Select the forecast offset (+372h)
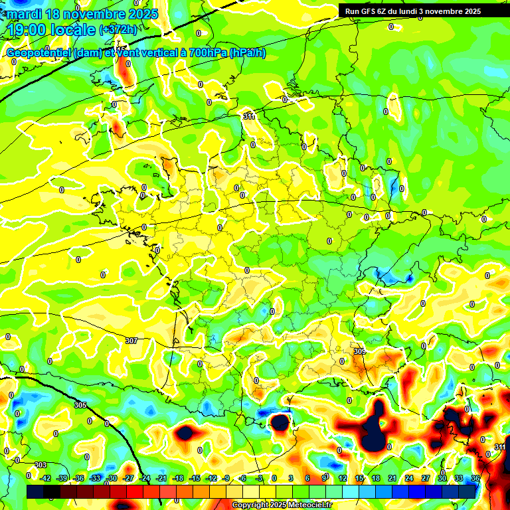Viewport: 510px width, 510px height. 118,30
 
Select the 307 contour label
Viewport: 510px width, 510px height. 131,341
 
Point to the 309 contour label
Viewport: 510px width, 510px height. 359,351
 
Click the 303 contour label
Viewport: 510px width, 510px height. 41,465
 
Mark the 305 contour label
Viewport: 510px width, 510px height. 80,404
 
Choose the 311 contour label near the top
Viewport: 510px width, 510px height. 249,116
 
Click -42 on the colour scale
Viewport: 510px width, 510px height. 45,477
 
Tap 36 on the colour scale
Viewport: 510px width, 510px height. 475,477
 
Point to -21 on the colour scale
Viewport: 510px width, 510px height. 161,477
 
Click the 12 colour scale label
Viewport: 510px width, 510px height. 342,477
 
